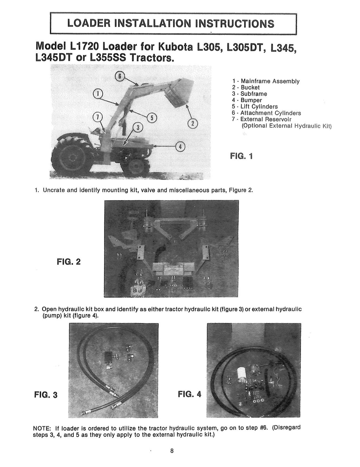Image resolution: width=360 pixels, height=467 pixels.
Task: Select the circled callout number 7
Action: coord(97,118)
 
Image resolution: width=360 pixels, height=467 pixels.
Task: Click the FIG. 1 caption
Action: coord(241,156)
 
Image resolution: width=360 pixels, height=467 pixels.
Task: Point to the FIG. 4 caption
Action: coord(189,394)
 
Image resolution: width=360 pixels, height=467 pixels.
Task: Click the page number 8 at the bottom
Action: coord(172,451)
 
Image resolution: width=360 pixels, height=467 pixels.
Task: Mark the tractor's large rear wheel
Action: coord(72,158)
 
